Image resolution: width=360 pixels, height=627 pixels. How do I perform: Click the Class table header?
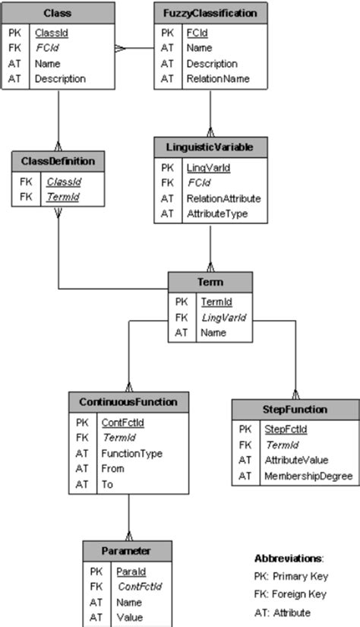pos(58,14)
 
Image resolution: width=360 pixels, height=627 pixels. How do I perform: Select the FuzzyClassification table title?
pos(210,14)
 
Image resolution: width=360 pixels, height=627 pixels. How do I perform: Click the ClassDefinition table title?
pos(58,161)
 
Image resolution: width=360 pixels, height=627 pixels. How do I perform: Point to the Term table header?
pos(210,281)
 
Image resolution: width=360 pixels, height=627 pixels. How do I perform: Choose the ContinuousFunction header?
pos(128,401)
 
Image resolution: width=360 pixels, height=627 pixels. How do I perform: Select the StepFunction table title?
pos(295,410)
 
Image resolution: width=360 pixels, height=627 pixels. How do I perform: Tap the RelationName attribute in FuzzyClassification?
pos(218,79)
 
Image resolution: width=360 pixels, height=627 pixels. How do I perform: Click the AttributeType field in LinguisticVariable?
pos(218,214)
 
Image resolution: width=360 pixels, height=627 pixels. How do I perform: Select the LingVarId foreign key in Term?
pos(219,317)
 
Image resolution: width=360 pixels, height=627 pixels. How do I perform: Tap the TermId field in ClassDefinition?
pos(63,198)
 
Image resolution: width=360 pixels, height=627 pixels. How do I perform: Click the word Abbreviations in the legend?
pos(288,558)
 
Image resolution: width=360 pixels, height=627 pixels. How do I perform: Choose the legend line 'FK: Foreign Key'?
pos(290,594)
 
